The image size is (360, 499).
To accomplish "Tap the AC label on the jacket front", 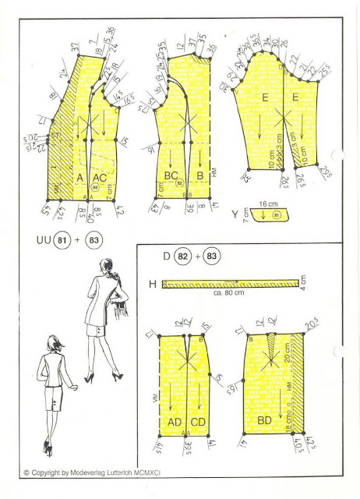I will click(100, 179).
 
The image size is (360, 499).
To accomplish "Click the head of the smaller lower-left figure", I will click(53, 343).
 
